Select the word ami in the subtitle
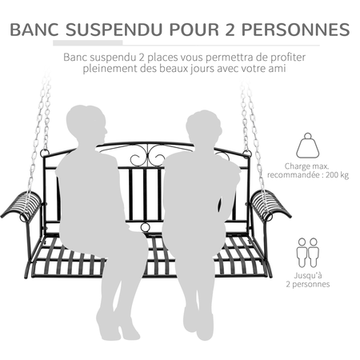click(x=282, y=70)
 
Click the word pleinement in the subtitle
click(x=109, y=70)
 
